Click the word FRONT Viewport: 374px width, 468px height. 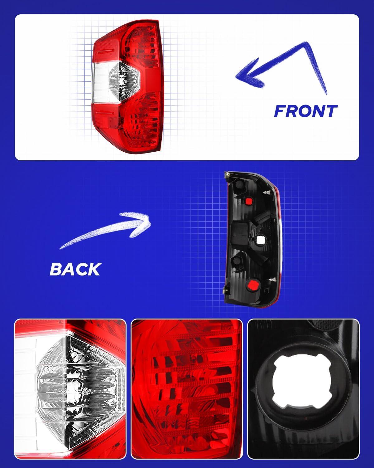click(x=305, y=111)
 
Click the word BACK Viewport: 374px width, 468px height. click(x=75, y=269)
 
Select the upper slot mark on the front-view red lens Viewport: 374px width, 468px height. click(x=105, y=51)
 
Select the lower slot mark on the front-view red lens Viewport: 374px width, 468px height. click(x=105, y=113)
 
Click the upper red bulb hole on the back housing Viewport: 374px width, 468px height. click(x=248, y=202)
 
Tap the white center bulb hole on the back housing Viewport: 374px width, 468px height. click(x=260, y=240)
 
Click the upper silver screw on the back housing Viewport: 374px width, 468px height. click(x=267, y=192)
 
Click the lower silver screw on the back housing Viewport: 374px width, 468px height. click(x=273, y=280)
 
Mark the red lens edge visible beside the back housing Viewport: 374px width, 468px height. click(x=279, y=239)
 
